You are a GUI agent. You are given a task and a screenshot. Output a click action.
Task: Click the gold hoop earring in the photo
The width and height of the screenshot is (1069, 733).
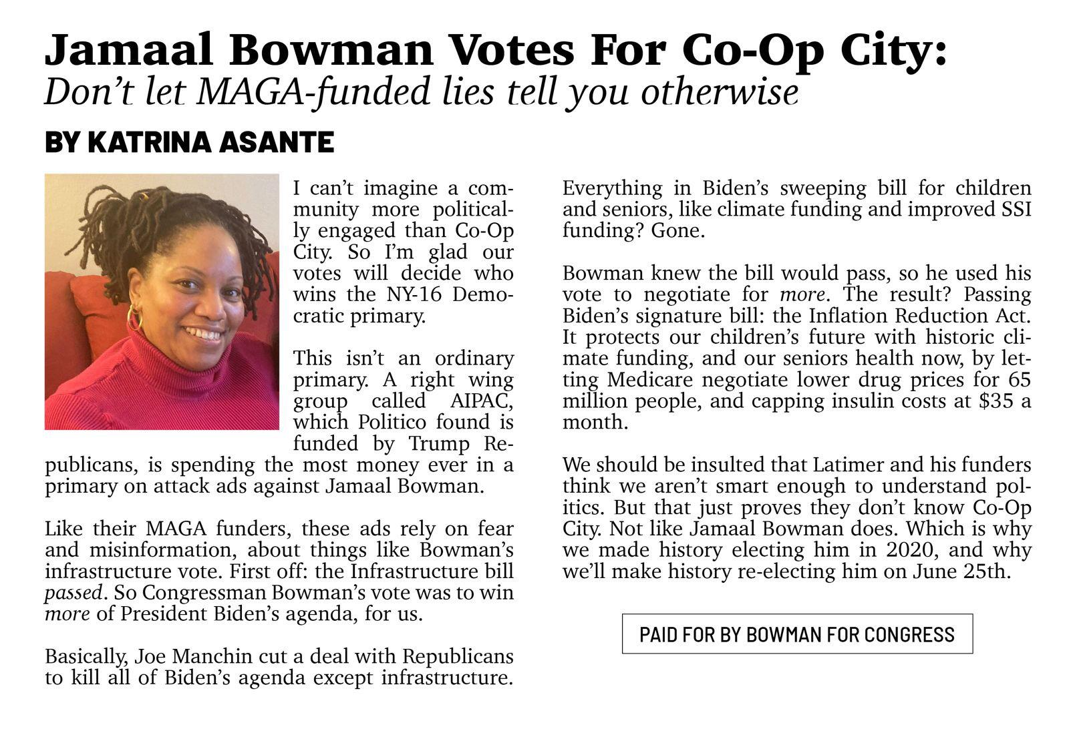click(135, 318)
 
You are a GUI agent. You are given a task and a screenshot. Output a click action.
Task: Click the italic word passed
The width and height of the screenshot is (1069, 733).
click(73, 593)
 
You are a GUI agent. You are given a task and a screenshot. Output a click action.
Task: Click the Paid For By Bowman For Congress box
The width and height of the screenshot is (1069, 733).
click(796, 634)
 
